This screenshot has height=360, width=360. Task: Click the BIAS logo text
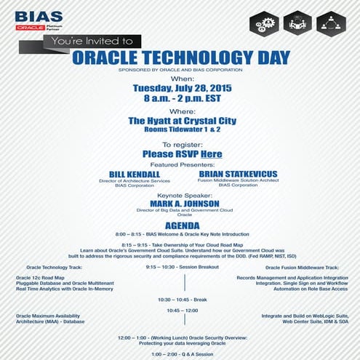(x=39, y=17)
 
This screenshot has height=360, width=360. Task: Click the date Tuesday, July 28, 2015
(x=180, y=87)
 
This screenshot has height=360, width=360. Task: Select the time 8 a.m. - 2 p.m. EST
(x=180, y=98)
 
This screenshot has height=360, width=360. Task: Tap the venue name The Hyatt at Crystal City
(x=180, y=121)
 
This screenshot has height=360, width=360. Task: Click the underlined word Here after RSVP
(x=211, y=154)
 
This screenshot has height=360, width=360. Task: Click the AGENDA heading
(x=180, y=224)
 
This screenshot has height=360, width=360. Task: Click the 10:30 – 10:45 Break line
(x=180, y=299)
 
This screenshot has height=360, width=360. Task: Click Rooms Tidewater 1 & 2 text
(x=180, y=131)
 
